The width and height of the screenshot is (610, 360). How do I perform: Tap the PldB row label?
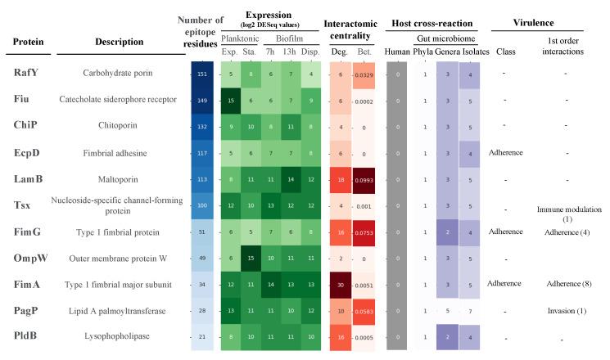coord(27,337)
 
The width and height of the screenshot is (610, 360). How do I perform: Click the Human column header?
coord(397,52)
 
